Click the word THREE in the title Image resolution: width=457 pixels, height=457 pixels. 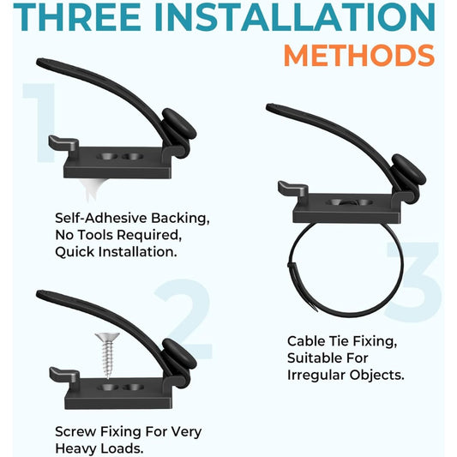(77, 17)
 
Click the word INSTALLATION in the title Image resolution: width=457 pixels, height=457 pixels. (295, 17)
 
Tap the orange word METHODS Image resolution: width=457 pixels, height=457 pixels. (359, 56)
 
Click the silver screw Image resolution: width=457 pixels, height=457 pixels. (107, 355)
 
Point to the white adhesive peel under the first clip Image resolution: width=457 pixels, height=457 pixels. (93, 189)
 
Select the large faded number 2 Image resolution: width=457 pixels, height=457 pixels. (183, 319)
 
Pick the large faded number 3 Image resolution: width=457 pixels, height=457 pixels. (413, 281)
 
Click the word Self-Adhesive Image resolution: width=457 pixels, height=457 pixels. (101, 218)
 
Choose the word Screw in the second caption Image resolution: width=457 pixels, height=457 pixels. (75, 431)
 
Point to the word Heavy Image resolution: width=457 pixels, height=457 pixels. (76, 448)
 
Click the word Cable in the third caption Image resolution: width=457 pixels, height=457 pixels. (306, 341)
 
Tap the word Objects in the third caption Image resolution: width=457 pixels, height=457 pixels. (377, 375)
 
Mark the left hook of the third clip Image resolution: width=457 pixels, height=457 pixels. (293, 189)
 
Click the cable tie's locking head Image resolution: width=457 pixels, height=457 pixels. (292, 267)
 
